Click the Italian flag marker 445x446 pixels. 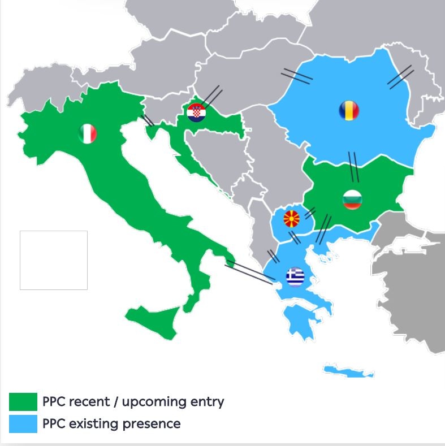coord(88,133)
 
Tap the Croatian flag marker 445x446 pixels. coord(197,112)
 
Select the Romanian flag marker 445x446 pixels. coord(349,110)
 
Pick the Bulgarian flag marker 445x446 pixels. coord(352,200)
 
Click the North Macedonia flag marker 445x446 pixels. coord(292,218)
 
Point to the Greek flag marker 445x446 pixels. coord(295,276)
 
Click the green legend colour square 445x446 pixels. coord(23,402)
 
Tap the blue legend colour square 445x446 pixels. coord(23,423)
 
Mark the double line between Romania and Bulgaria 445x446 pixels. coord(353,166)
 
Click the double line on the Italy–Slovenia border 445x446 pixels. coord(148,120)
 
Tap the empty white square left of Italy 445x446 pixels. coord(54,260)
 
